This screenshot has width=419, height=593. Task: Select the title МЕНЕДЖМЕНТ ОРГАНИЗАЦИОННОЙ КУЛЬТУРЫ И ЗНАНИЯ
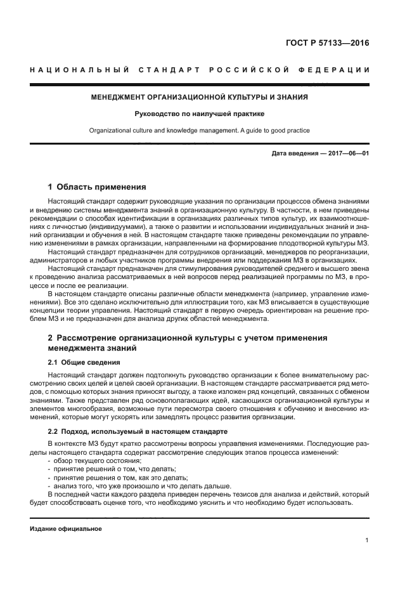click(x=200, y=98)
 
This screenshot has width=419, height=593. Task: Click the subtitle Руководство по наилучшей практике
click(x=200, y=114)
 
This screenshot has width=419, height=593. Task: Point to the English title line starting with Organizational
click(x=200, y=131)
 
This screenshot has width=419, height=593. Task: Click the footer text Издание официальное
click(x=66, y=528)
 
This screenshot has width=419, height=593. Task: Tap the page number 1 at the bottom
click(x=367, y=540)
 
